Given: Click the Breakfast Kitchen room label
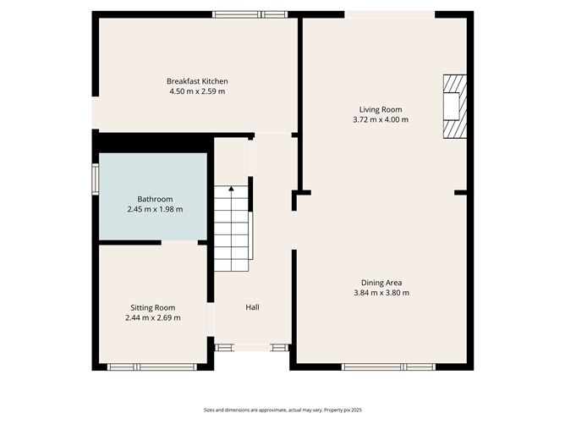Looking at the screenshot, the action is tap(197, 81).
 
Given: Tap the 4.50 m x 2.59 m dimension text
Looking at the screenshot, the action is tap(197, 91).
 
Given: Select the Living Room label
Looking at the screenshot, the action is tap(381, 110).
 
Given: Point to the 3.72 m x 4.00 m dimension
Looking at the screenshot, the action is tap(381, 119).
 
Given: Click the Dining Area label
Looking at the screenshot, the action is tap(381, 283).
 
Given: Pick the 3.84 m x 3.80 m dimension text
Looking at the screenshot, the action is tap(381, 293).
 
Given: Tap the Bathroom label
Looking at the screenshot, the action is tap(155, 199).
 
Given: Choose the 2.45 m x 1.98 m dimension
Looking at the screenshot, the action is tap(155, 209).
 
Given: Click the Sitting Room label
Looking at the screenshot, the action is tap(153, 308).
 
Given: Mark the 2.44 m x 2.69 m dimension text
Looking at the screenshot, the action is tap(153, 318).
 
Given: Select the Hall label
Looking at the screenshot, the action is tap(252, 307).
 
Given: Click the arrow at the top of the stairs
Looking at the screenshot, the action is tap(231, 188).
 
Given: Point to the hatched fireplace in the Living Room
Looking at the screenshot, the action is tap(455, 107).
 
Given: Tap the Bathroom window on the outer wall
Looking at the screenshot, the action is tap(95, 179).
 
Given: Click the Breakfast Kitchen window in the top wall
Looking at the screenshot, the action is tap(250, 14).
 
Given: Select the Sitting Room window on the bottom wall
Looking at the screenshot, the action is tap(152, 367).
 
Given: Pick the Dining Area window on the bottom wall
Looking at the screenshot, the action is tap(388, 367).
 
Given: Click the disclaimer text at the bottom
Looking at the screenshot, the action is tap(282, 410).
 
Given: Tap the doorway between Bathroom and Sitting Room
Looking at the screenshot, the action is tap(179, 242).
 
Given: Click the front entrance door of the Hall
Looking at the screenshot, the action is tap(252, 348).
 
